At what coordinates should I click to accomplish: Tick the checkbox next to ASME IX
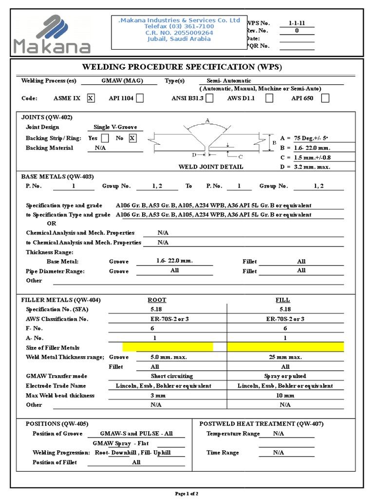click(x=90, y=98)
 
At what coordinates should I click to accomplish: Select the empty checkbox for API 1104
click(x=140, y=98)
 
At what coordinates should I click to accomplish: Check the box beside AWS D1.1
click(x=269, y=98)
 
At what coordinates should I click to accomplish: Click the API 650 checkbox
click(x=325, y=98)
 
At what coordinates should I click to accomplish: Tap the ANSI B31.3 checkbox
click(x=209, y=98)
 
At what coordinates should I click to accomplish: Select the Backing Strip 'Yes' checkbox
click(x=105, y=138)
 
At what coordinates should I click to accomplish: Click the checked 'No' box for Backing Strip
click(x=132, y=138)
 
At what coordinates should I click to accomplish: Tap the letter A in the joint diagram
click(x=207, y=120)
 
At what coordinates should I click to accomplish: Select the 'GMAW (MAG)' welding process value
click(x=119, y=80)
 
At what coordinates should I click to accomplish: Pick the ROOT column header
click(x=156, y=300)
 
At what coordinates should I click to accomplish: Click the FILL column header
click(x=282, y=300)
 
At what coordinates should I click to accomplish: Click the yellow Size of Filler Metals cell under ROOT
click(x=168, y=347)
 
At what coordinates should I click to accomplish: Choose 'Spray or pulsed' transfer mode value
click(x=285, y=376)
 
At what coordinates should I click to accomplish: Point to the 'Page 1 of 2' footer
click(x=187, y=494)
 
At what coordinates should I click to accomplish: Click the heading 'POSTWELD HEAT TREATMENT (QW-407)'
click(x=262, y=424)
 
